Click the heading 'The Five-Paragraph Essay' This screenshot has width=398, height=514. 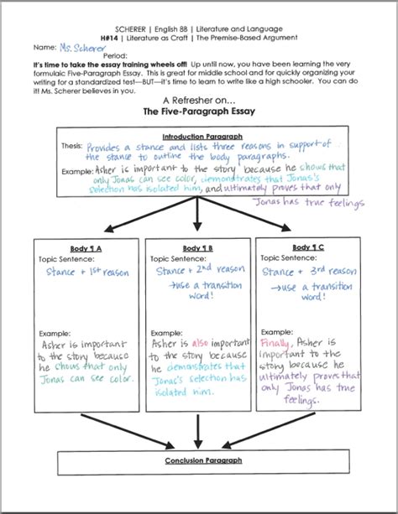click(198, 110)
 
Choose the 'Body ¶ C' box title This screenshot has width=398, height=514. click(309, 247)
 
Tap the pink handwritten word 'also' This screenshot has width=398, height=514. click(201, 342)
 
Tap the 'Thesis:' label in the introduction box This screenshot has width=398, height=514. click(71, 145)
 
